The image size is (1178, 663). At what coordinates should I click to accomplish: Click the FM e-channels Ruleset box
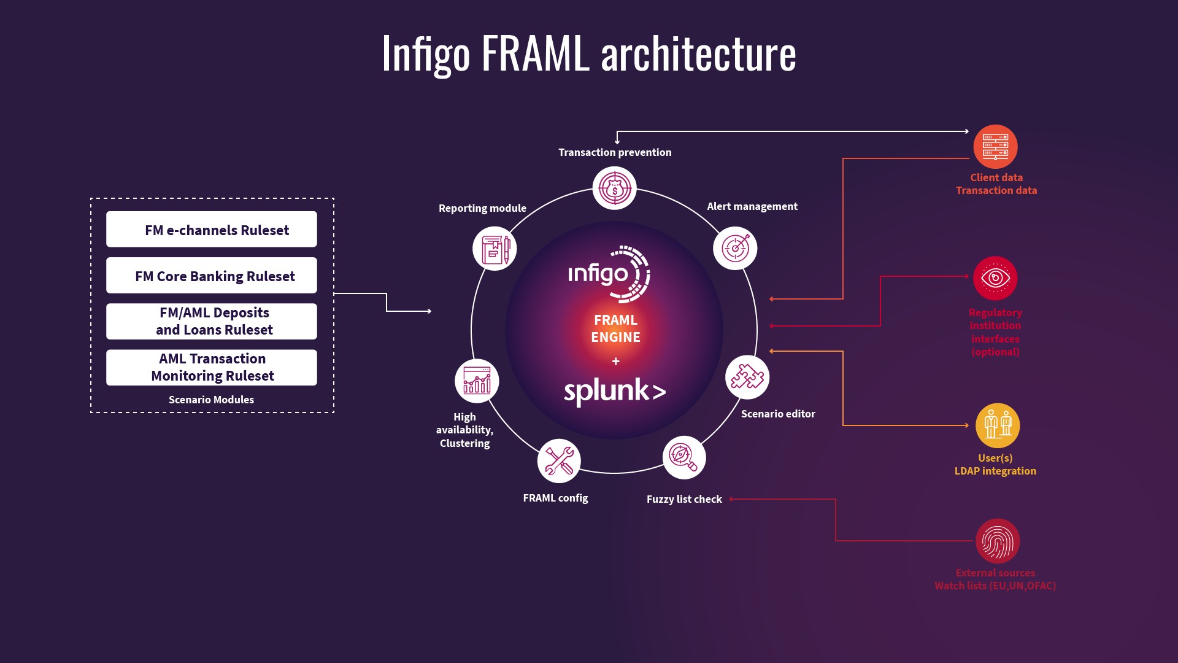tap(212, 229)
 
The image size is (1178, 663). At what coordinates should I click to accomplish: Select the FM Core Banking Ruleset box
tap(212, 275)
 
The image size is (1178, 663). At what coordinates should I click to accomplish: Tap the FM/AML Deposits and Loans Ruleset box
tap(212, 321)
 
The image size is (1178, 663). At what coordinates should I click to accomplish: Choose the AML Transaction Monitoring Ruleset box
tap(212, 367)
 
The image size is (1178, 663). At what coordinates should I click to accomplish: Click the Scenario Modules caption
tap(211, 400)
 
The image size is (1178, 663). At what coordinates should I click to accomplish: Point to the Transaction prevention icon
tap(614, 188)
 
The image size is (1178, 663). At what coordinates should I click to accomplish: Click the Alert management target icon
tap(735, 248)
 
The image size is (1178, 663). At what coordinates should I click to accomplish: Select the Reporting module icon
tap(495, 249)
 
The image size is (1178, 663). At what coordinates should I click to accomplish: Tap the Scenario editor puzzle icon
tap(747, 377)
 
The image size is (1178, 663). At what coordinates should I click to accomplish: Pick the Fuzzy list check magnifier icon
tap(684, 457)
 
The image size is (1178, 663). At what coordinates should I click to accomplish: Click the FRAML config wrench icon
tap(559, 461)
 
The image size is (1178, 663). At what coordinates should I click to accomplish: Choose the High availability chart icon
tap(477, 381)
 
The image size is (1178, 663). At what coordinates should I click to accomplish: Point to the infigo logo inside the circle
tap(609, 274)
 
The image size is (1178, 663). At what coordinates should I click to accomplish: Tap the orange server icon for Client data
tap(995, 147)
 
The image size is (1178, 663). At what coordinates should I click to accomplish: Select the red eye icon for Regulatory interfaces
tap(995, 278)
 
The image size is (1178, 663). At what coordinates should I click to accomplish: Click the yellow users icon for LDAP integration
tap(998, 425)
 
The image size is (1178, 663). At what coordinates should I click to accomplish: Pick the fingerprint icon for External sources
tap(998, 541)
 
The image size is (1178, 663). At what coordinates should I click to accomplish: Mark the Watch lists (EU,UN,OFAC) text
tap(995, 586)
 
